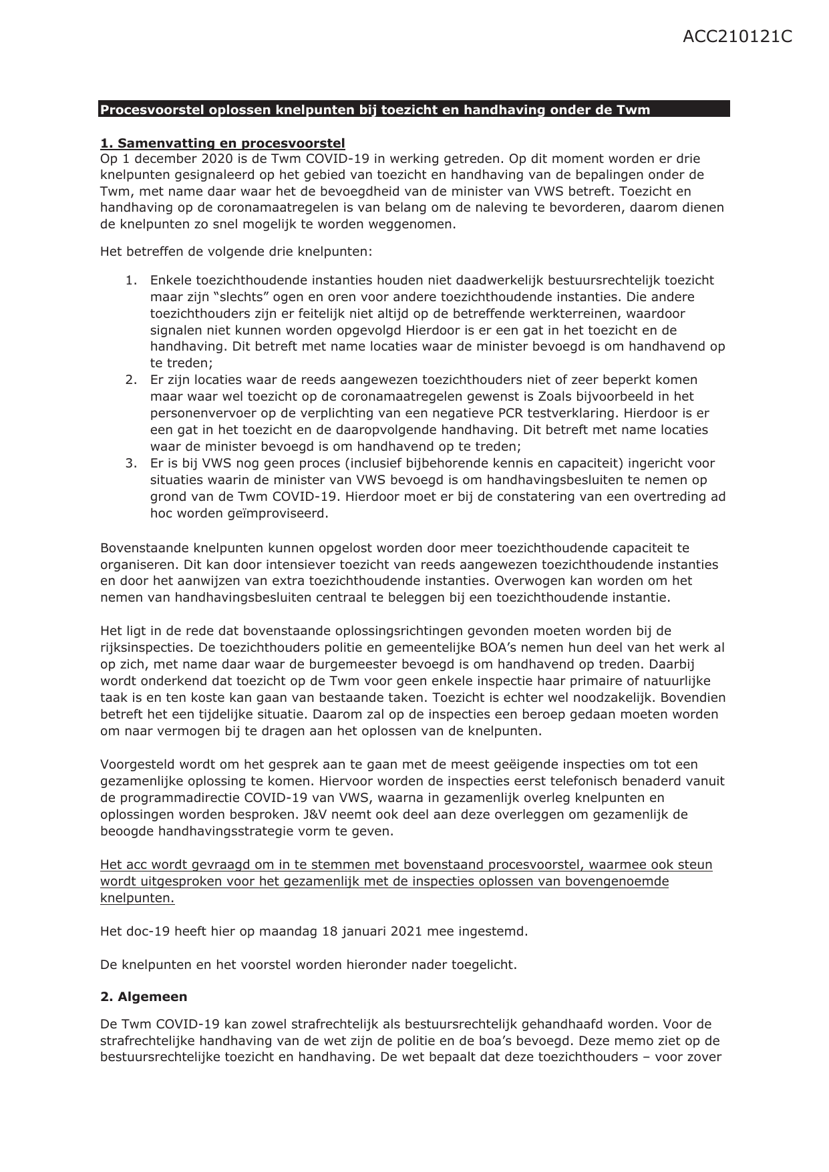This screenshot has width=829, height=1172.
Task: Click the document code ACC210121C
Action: click(737, 37)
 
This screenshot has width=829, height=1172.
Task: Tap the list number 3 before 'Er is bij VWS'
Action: click(130, 463)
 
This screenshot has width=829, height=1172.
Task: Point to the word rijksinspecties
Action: click(142, 648)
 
